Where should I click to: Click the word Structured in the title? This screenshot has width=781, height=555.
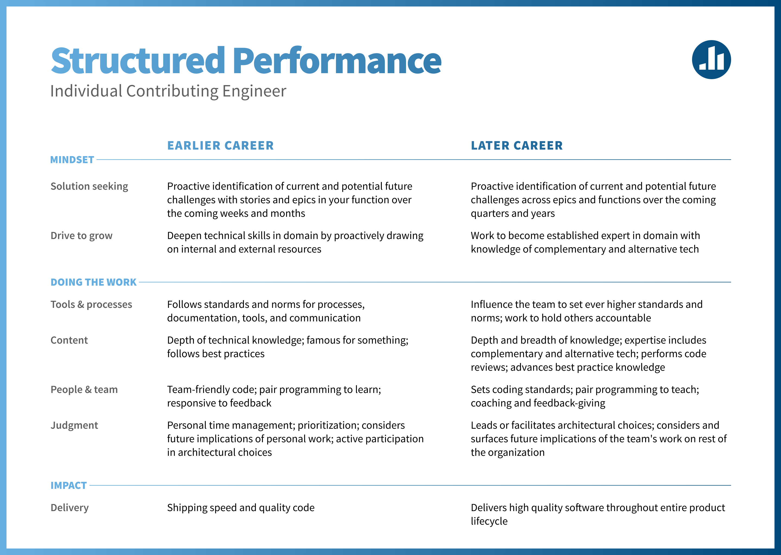pos(138,60)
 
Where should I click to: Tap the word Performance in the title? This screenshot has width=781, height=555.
pos(337,60)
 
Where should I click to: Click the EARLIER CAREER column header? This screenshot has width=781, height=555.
pos(220,146)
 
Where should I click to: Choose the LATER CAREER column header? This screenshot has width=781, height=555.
pos(517,146)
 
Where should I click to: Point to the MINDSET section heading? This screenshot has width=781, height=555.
pos(72,160)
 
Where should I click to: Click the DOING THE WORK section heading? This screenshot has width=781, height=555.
pos(93,282)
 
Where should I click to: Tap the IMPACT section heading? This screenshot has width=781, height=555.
pos(68,485)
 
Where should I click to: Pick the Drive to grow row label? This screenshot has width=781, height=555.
pos(81,236)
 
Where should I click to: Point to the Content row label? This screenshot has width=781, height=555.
pos(69,340)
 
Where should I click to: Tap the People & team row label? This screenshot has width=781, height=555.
pos(84,390)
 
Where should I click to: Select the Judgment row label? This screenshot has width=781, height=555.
pos(74,425)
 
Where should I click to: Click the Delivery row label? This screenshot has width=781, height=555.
pos(70,508)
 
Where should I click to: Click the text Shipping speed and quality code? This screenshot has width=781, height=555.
pos(241,508)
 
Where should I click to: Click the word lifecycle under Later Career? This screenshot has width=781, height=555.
pos(489,521)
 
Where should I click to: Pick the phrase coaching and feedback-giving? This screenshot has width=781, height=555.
pos(538,403)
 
